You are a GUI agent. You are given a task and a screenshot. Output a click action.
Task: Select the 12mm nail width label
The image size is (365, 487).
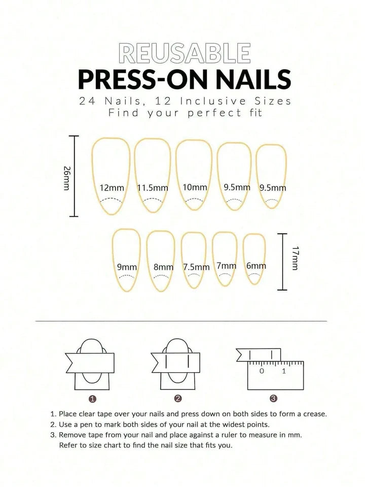[112, 188]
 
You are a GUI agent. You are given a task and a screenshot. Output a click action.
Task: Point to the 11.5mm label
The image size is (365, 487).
[153, 188]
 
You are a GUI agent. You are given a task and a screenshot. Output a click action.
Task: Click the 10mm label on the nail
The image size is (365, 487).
[195, 187]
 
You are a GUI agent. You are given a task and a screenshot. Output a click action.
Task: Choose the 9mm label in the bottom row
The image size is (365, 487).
[127, 267]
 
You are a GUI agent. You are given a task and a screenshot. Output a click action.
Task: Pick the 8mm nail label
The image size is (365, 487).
[163, 267]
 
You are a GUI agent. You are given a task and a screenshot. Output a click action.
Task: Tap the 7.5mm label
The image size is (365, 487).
[196, 267]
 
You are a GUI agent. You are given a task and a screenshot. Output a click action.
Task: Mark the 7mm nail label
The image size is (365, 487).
[226, 266]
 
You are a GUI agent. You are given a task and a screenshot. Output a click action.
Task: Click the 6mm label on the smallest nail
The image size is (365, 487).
[256, 266]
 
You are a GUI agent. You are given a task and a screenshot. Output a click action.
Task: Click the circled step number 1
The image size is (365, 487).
[92, 399]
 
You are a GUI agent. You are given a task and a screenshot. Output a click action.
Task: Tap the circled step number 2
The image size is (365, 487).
[178, 399]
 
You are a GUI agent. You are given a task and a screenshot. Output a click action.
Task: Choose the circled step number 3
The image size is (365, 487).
[273, 399]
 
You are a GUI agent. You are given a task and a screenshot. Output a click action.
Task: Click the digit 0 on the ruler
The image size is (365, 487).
[262, 371]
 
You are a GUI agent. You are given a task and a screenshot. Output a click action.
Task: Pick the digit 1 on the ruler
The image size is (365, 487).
[284, 371]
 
